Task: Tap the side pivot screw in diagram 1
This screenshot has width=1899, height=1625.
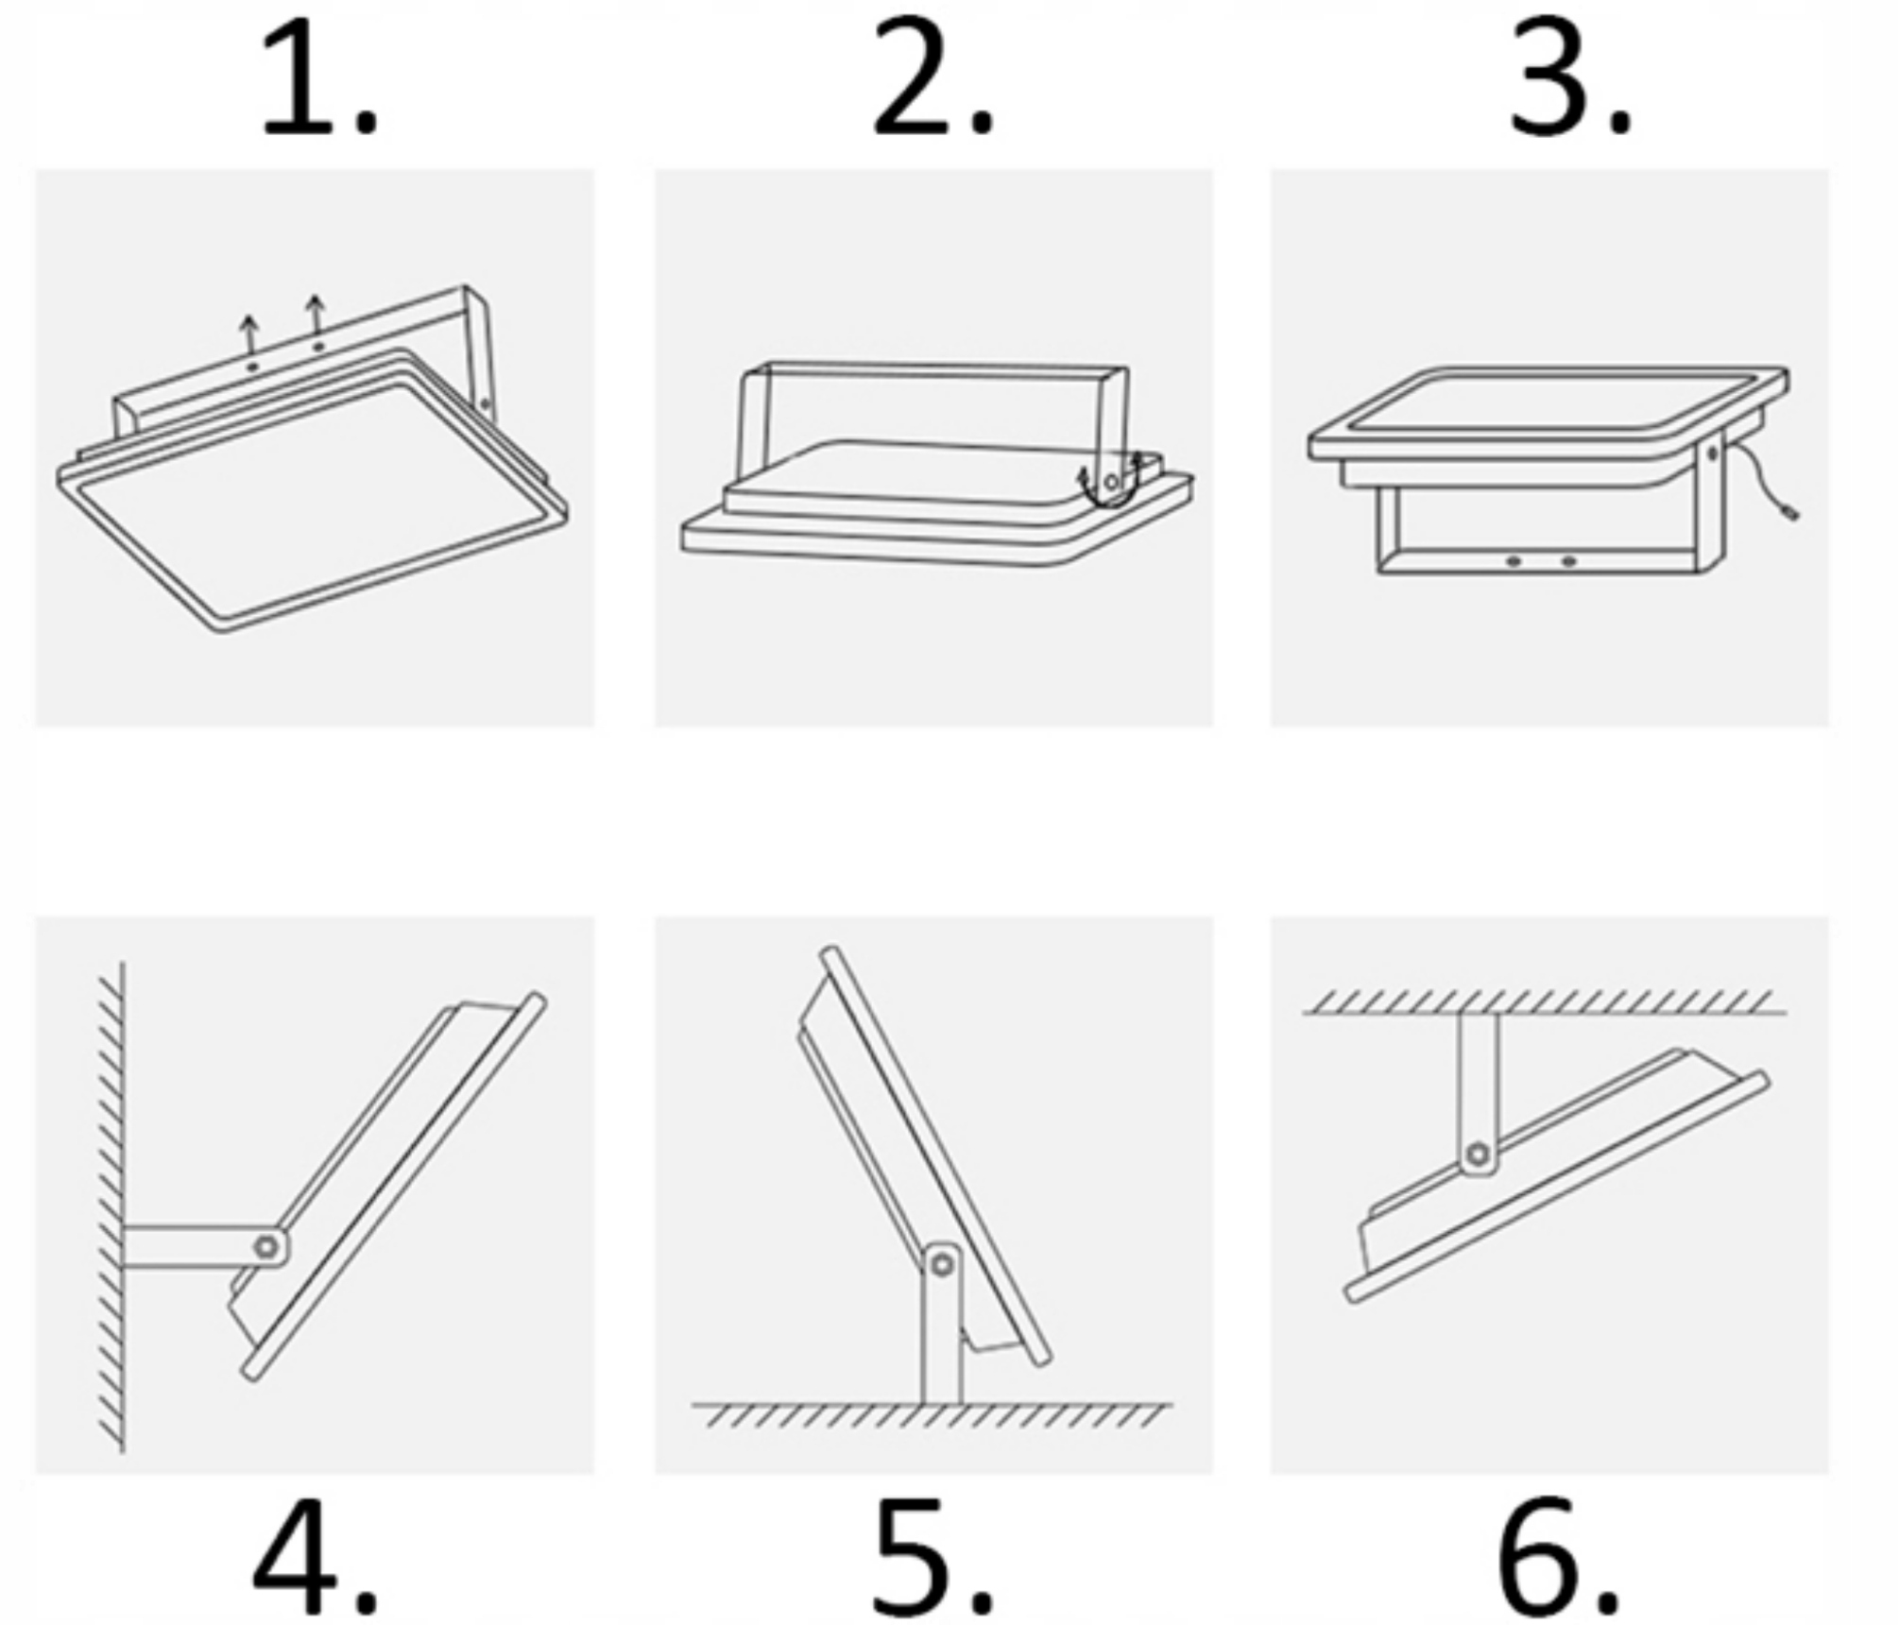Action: [x=486, y=404]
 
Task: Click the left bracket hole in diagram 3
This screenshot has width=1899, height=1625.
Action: [x=1514, y=561]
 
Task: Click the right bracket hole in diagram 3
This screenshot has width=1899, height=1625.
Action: [x=1569, y=561]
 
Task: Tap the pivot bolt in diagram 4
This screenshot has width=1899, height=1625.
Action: [x=267, y=1247]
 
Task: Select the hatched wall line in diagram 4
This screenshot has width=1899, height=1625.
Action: [x=111, y=1206]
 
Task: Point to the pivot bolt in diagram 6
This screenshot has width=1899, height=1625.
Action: [x=1479, y=1155]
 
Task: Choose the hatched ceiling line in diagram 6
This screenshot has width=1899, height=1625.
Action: [x=1545, y=1002]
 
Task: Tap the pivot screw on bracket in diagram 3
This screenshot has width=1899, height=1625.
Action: [x=1713, y=455]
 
